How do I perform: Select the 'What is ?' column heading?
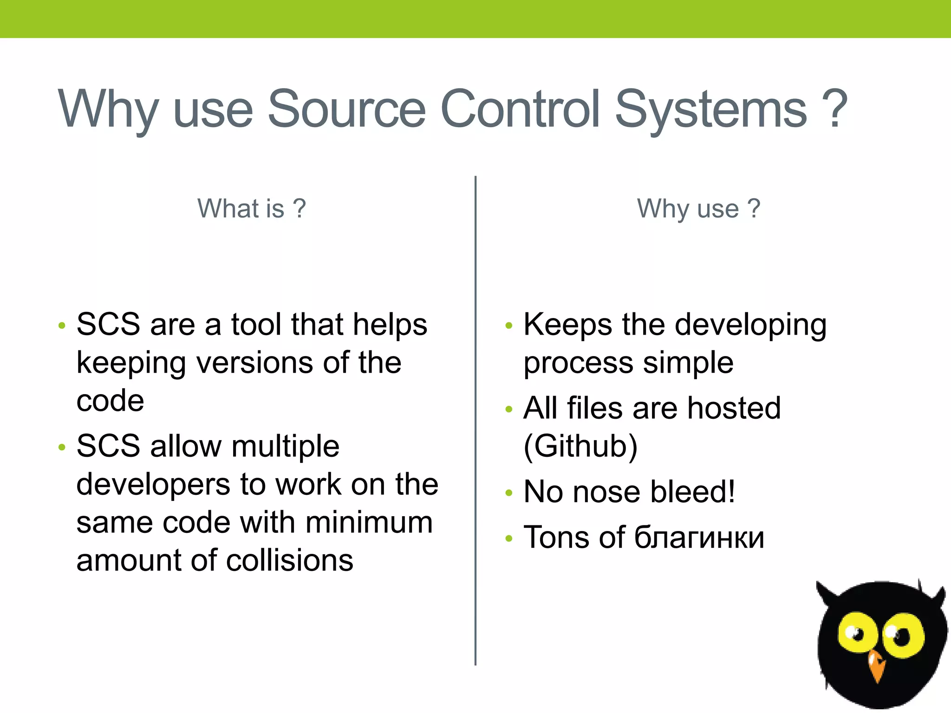[251, 208]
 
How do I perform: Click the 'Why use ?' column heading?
[698, 208]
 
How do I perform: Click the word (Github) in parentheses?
[580, 447]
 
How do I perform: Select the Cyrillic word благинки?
[699, 538]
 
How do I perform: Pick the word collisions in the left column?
[290, 560]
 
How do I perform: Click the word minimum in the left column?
[369, 522]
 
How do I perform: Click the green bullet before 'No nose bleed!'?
[509, 493]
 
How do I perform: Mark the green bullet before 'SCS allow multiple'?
[62, 447]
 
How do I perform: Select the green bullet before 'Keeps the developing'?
[509, 326]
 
